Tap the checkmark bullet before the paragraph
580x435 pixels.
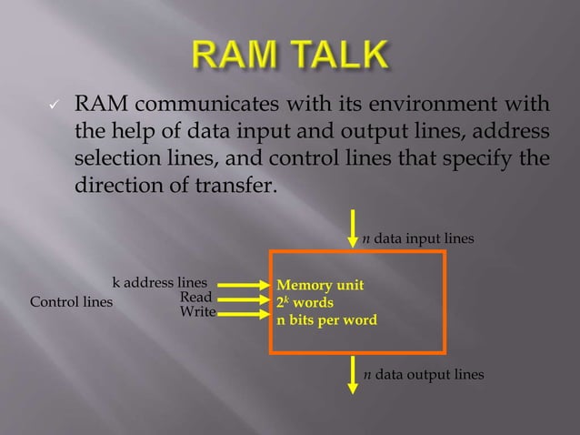(x=54, y=106)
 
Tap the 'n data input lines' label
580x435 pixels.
(x=418, y=238)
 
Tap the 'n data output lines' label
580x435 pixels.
(x=423, y=374)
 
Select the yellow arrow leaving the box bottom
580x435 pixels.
(x=353, y=374)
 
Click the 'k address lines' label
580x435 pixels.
(x=159, y=282)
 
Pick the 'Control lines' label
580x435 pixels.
(x=72, y=302)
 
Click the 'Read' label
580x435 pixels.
(x=196, y=297)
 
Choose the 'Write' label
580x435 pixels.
(x=197, y=312)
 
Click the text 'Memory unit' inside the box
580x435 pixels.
(x=320, y=285)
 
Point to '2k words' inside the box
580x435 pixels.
(x=305, y=302)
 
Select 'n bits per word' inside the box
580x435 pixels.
(x=326, y=319)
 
